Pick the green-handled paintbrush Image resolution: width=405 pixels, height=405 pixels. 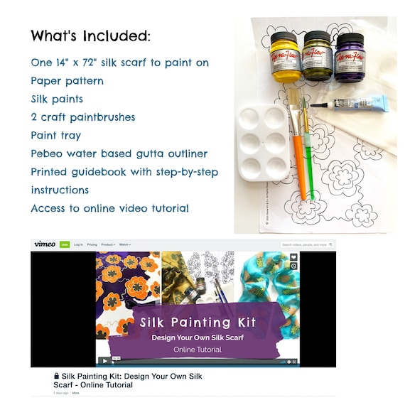tap(307, 153)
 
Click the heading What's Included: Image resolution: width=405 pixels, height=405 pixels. tap(90, 36)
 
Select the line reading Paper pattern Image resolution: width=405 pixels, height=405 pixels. tap(67, 81)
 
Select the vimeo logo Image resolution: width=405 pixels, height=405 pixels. tap(44, 244)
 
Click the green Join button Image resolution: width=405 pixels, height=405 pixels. tap(64, 244)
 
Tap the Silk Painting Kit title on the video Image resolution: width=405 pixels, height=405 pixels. tap(198, 322)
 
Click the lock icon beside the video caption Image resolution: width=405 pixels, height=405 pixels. tap(57, 376)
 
